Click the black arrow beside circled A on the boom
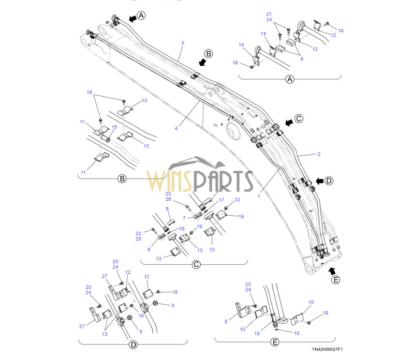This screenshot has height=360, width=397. point(132,18)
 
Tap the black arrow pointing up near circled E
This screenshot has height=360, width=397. point(332,271)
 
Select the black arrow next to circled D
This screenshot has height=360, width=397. point(320,181)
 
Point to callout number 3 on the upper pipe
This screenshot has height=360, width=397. point(183,43)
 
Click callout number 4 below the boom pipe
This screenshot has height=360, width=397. point(176,128)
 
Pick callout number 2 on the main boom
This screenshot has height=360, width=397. point(319,154)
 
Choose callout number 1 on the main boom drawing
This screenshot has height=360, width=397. point(259,196)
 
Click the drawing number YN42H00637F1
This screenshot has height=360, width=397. point(327,349)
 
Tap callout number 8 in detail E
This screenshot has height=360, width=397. point(226,321)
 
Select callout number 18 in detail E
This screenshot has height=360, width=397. point(297,333)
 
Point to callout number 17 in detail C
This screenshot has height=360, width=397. point(221,200)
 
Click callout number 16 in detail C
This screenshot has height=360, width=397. point(182,229)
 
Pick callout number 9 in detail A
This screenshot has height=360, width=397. point(302,59)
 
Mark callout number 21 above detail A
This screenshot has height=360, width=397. point(269,15)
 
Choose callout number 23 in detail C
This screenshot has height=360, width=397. point(168,194)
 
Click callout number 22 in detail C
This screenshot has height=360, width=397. point(138,233)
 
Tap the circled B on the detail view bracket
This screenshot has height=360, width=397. point(122,179)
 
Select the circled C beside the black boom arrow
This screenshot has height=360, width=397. point(299,119)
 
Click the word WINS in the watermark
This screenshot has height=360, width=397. point(170,181)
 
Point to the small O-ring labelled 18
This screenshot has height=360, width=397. point(277,330)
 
